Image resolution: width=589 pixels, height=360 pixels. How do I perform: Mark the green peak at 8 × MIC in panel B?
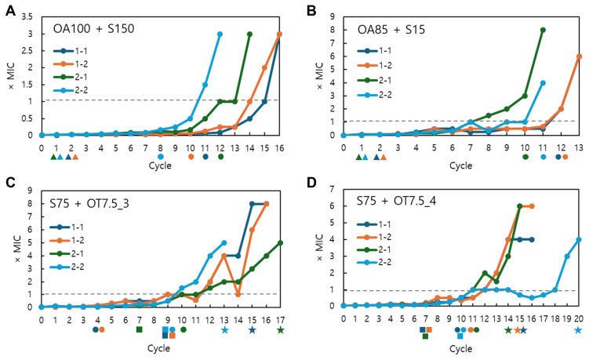click(x=543, y=30)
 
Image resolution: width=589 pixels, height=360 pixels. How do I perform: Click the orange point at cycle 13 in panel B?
click(x=579, y=56)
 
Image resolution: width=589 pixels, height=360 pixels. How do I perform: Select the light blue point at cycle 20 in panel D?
click(x=579, y=239)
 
